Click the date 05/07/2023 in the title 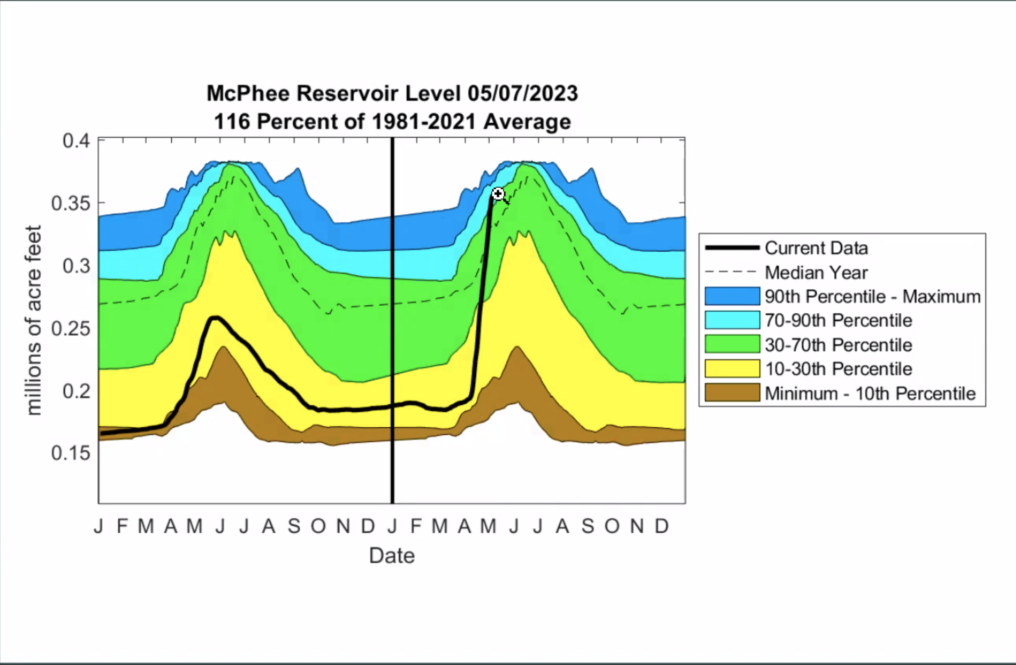523,94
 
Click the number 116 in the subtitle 232,122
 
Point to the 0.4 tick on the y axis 76,140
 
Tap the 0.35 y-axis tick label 71,203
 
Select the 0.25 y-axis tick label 71,329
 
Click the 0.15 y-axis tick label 71,453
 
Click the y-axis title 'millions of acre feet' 34,320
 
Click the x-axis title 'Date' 392,556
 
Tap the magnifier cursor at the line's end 498,194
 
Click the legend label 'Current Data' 816,248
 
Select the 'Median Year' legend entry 816,272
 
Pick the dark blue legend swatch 732,296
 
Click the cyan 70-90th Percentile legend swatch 732,320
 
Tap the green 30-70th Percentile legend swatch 732,345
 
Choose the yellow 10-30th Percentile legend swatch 732,369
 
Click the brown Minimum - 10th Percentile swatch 732,393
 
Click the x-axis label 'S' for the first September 294,526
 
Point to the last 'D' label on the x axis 662,526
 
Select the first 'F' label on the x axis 123,526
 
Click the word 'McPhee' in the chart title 248,94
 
